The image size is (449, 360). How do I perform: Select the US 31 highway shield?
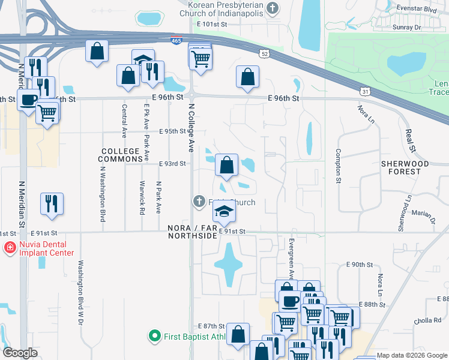tap(365, 91)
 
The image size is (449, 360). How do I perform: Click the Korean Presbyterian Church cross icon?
tap(273, 8)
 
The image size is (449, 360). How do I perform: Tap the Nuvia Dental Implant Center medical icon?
tap(10, 247)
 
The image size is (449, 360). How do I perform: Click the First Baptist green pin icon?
tap(155, 337)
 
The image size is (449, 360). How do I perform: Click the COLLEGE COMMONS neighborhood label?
tap(124, 151)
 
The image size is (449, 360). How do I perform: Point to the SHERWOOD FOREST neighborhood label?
tap(405, 167)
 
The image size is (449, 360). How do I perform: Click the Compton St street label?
tap(338, 165)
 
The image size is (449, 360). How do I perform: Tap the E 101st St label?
tap(213, 24)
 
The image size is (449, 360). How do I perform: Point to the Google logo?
tap(20, 353)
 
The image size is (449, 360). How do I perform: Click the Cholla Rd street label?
tap(427, 321)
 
